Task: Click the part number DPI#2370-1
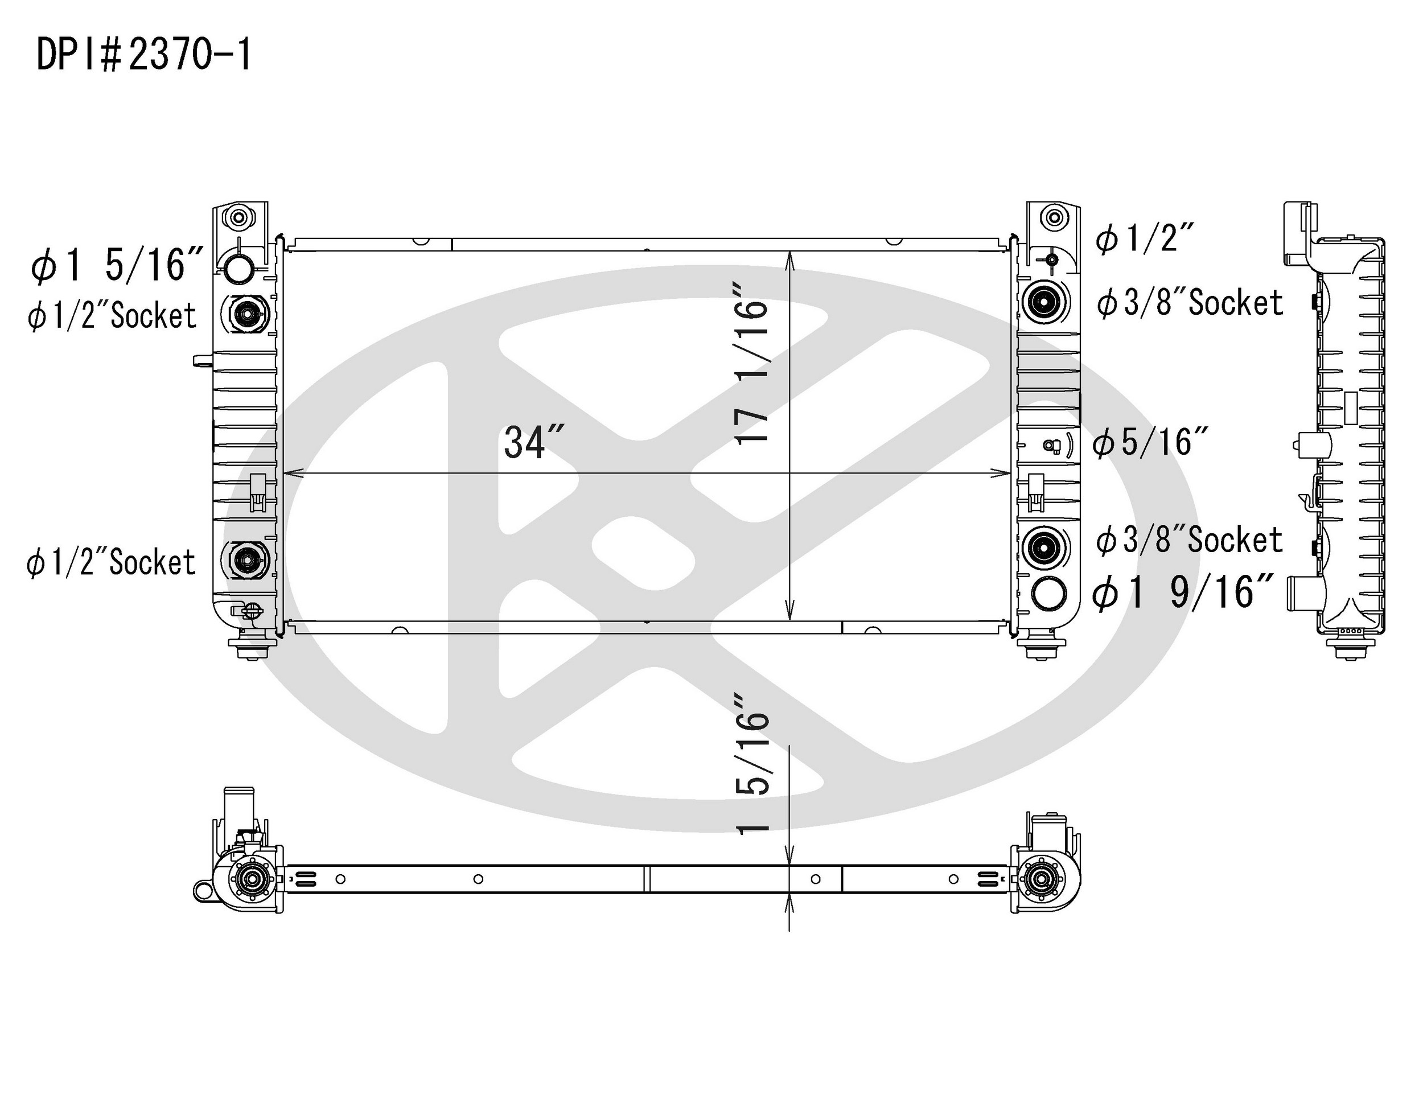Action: (144, 55)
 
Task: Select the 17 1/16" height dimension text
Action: (751, 364)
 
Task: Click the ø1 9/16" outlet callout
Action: (1183, 593)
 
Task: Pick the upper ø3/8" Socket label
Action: (1190, 303)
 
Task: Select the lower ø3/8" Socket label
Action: (1189, 540)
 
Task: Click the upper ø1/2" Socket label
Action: (112, 316)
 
